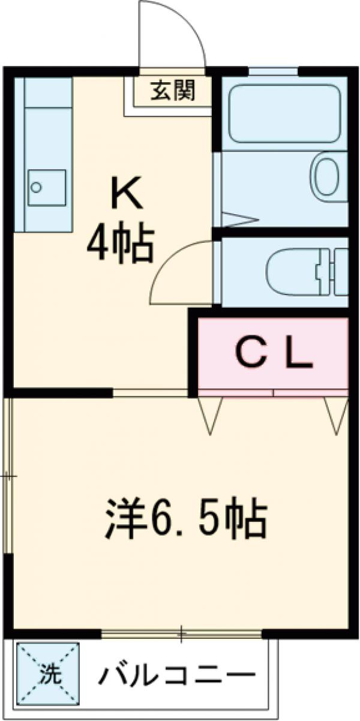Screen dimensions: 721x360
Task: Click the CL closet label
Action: point(274,355)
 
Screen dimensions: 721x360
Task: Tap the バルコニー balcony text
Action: point(177,677)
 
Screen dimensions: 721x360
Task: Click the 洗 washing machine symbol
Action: point(49,671)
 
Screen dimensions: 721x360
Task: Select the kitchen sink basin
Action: point(47,187)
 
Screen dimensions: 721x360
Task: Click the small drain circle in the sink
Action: point(37,187)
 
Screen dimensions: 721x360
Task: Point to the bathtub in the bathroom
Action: point(285,113)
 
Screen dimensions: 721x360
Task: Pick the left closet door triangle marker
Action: point(210,414)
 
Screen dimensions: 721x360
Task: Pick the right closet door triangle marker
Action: point(336,414)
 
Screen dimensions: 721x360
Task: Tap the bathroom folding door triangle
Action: point(234,220)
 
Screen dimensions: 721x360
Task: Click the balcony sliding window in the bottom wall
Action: point(181,633)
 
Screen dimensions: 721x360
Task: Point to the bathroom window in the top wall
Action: point(273,71)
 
